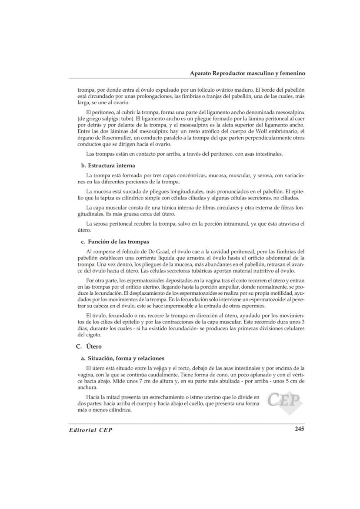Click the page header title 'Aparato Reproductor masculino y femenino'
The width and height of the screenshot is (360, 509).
tap(247, 73)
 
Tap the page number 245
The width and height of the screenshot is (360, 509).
tap(299, 429)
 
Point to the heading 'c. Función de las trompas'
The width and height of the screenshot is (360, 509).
tap(114, 242)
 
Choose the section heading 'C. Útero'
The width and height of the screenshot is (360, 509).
tap(88, 346)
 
